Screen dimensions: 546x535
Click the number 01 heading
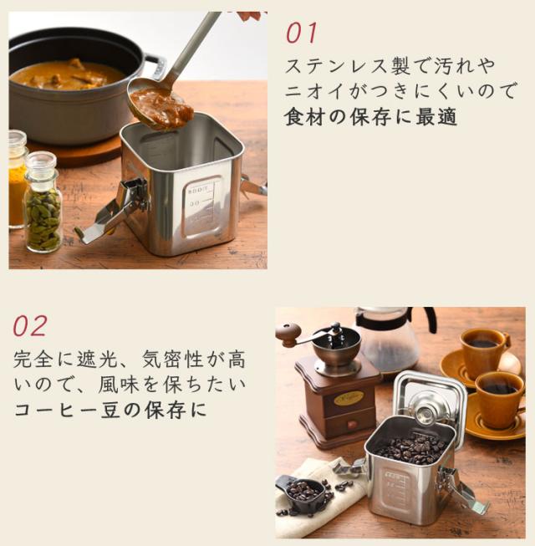302,33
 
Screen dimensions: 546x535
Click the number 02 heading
30,325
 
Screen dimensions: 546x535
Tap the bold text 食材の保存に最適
371,117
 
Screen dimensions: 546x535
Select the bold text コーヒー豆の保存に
110,411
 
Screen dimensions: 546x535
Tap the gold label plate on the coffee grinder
349,398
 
